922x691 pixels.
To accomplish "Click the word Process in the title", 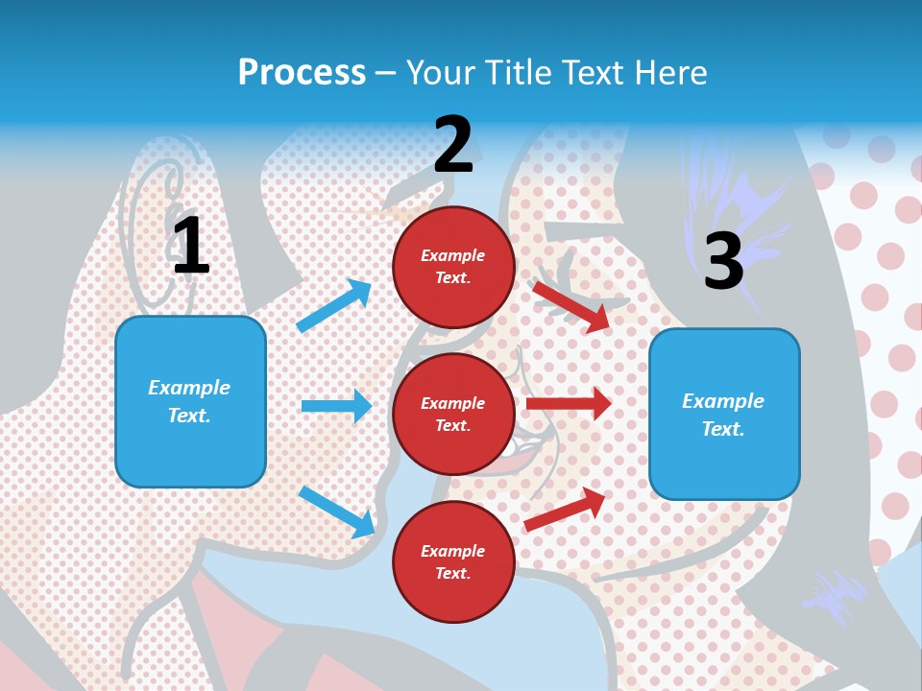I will click(x=302, y=72).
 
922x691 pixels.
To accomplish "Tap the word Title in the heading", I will click(x=517, y=72).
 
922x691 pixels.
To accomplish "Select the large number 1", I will click(x=191, y=246).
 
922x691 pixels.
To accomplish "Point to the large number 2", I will click(x=453, y=144).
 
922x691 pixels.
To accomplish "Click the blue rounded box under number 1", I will click(x=190, y=401).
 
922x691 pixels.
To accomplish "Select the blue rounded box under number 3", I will click(x=724, y=414).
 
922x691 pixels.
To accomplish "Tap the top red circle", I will click(x=453, y=267).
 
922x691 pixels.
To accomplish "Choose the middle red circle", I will click(x=453, y=414).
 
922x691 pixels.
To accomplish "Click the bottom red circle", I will click(x=453, y=561).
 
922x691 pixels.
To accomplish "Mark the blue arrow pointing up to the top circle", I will click(x=334, y=305).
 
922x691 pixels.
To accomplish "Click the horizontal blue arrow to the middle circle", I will click(x=336, y=406).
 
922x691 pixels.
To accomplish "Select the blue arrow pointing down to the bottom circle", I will click(x=336, y=511).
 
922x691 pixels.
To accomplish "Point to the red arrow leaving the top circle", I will click(x=571, y=306).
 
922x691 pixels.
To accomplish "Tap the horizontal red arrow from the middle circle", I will click(x=569, y=404).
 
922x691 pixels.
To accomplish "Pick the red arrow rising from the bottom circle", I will click(x=566, y=509).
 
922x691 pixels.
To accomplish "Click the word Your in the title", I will click(x=439, y=72).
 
